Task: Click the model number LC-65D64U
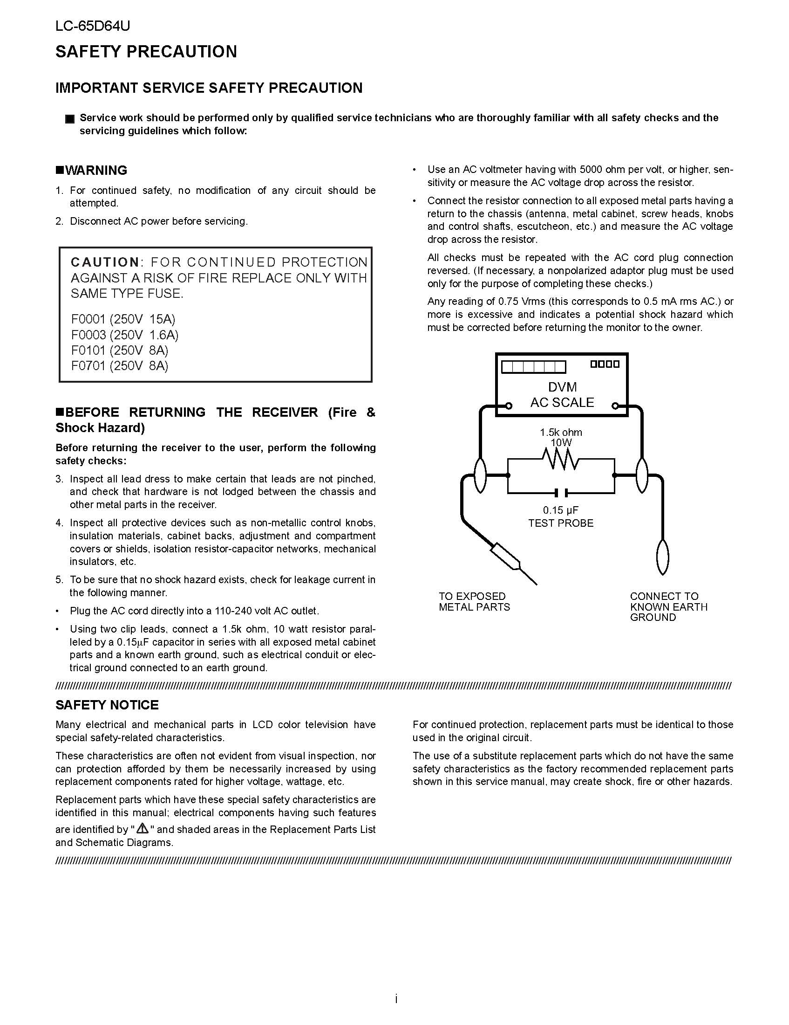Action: click(x=92, y=26)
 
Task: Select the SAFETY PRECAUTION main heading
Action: click(x=146, y=52)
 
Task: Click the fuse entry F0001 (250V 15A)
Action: click(x=123, y=319)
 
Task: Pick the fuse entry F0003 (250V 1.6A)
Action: click(x=125, y=335)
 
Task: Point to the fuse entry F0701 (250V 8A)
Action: click(x=120, y=365)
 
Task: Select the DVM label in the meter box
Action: click(x=562, y=387)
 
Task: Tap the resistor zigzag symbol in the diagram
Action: click(x=561, y=460)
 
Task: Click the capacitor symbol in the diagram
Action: click(x=561, y=493)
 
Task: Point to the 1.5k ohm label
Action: click(x=561, y=432)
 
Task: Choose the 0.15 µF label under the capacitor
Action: click(x=561, y=510)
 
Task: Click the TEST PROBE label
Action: click(x=561, y=523)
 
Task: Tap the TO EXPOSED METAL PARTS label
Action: click(x=474, y=602)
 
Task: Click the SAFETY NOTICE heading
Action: click(x=107, y=705)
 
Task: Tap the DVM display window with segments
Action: click(x=533, y=366)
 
